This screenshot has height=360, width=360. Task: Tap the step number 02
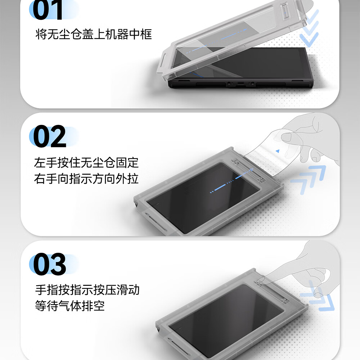pos(50,136)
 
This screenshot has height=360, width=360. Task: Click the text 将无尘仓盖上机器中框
pos(94,35)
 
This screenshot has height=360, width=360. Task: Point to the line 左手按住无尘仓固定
pos(86,163)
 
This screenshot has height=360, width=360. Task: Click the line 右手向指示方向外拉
pos(86,179)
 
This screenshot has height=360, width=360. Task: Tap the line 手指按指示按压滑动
pos(87,290)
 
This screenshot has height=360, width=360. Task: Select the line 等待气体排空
pos(70,306)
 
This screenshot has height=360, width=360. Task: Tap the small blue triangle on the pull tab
pos(278,151)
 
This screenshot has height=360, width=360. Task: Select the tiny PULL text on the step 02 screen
pos(230,181)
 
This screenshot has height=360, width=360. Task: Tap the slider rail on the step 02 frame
pos(248,170)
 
